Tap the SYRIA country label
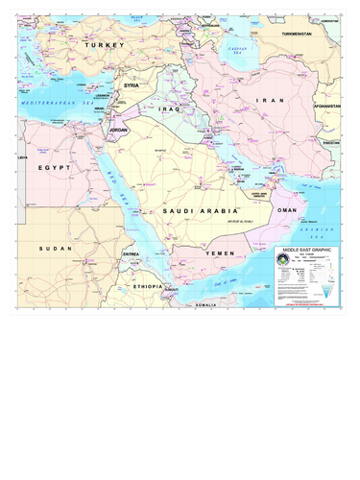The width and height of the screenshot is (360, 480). [x=132, y=85]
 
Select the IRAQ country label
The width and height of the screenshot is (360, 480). [x=170, y=109]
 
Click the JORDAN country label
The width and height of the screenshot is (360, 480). [x=118, y=128]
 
